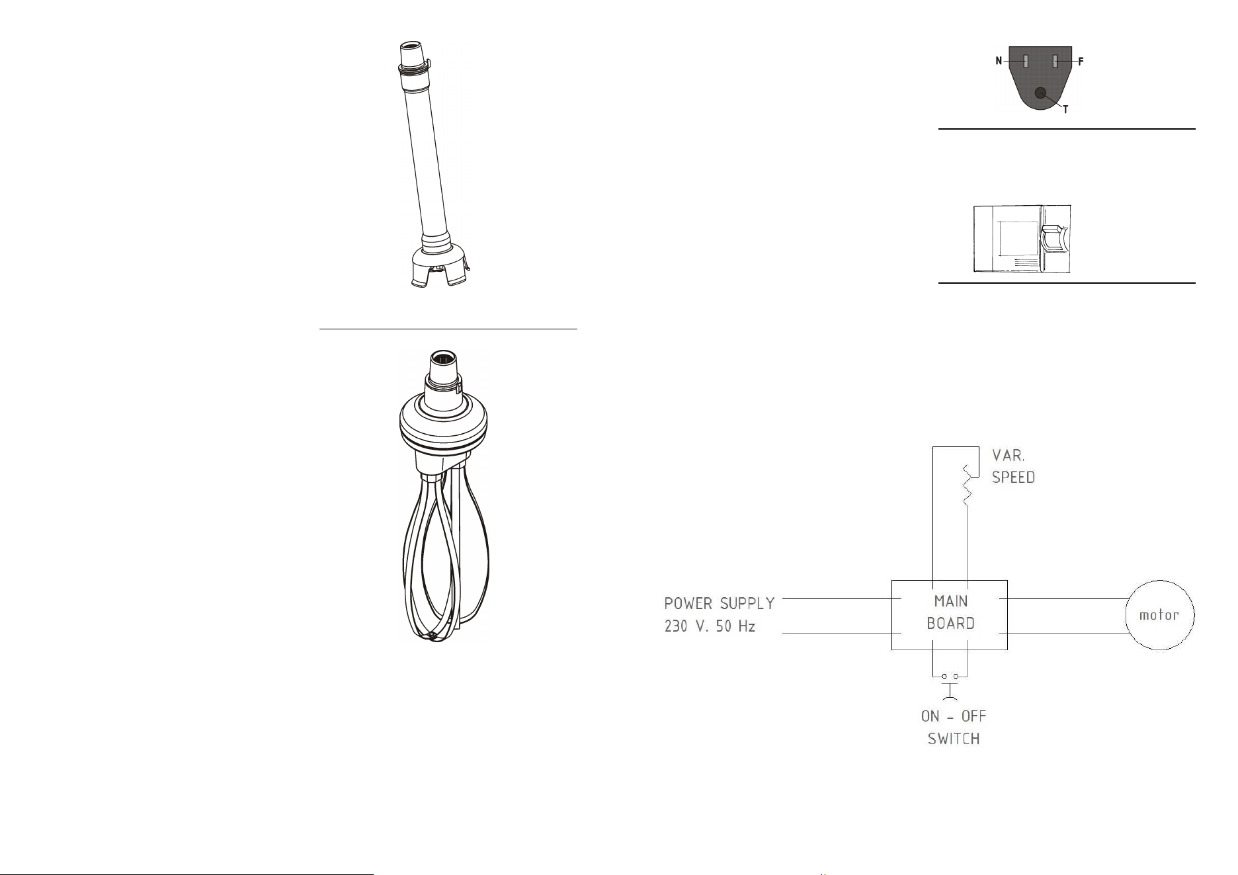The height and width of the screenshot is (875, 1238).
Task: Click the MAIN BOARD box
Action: click(x=950, y=615)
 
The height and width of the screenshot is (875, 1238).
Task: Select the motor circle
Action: click(x=1159, y=615)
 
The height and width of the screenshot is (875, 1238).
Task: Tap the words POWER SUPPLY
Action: click(x=720, y=603)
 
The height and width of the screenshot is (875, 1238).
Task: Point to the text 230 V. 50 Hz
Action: click(x=710, y=626)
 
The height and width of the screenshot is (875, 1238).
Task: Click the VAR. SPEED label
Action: click(x=1013, y=466)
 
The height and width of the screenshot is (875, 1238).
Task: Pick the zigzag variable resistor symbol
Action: click(x=966, y=485)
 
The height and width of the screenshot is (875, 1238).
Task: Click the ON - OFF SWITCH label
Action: click(x=954, y=727)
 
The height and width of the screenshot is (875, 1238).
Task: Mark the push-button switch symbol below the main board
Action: click(x=950, y=685)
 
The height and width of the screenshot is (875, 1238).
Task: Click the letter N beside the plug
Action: click(x=999, y=62)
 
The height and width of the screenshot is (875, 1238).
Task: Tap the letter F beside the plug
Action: click(x=1081, y=62)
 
